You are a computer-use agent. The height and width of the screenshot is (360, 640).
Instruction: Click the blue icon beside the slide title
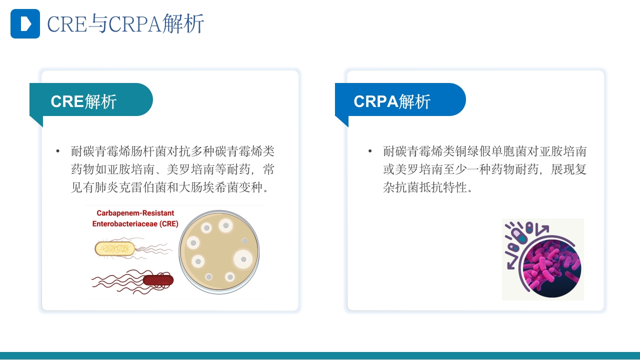[25, 23]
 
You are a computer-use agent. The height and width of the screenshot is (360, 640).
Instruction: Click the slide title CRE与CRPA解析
[125, 24]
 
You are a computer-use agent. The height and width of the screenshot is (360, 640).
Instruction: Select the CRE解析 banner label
[83, 101]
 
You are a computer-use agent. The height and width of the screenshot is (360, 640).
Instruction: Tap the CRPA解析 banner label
[392, 101]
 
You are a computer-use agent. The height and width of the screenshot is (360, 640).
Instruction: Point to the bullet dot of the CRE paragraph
[58, 151]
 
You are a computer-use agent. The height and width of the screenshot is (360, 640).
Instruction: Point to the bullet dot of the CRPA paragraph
[370, 151]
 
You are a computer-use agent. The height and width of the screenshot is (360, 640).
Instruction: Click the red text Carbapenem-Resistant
[135, 213]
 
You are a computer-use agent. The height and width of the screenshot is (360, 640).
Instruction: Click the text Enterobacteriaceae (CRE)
[135, 224]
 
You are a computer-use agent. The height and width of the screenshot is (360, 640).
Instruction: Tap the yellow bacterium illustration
[115, 248]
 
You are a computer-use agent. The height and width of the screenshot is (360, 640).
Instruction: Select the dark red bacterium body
[158, 280]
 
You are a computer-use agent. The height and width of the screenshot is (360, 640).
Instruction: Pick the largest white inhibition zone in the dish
[243, 259]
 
